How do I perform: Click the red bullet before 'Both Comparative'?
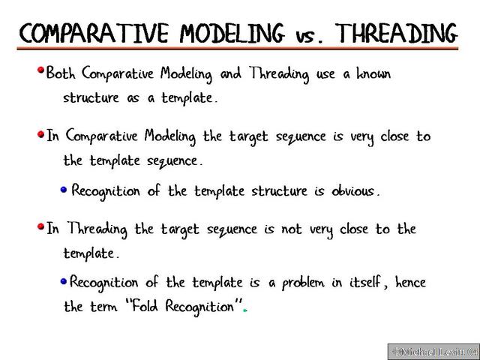pyautogui.click(x=40, y=72)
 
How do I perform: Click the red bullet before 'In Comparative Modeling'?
pyautogui.click(x=40, y=135)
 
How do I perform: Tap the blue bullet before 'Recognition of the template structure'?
pyautogui.click(x=64, y=189)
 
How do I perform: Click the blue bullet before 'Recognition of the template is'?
pyautogui.click(x=64, y=281)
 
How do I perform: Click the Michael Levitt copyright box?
pyautogui.click(x=432, y=351)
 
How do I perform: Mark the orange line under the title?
pyautogui.click(x=240, y=49)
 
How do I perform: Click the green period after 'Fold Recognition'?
pyautogui.click(x=245, y=310)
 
